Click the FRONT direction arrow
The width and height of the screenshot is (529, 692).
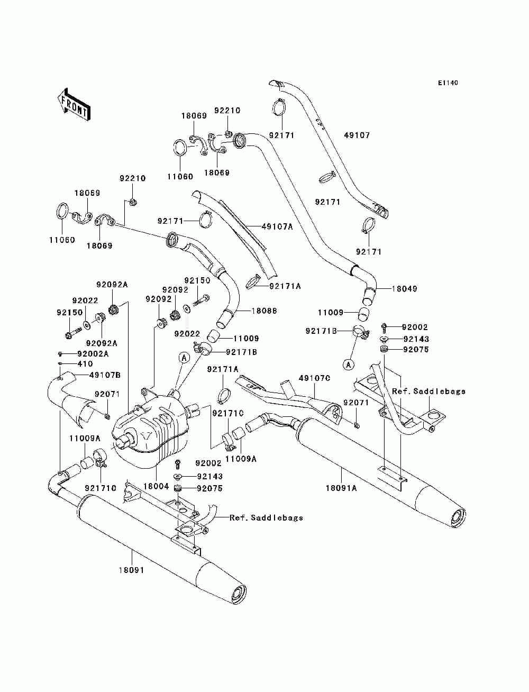(x=74, y=104)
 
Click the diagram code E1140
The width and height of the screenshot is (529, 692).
(x=448, y=83)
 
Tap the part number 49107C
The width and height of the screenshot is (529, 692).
(x=314, y=378)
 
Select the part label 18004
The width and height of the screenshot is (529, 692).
(x=157, y=486)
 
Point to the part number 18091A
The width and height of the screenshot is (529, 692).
(x=341, y=488)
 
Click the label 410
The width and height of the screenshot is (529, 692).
(x=85, y=364)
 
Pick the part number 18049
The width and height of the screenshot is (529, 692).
(x=405, y=288)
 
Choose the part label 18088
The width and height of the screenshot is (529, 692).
(x=264, y=311)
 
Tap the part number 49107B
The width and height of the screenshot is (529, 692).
(x=105, y=375)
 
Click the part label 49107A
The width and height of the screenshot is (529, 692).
(x=277, y=226)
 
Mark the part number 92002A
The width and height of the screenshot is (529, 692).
(x=93, y=354)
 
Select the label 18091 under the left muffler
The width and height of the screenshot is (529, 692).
(x=131, y=570)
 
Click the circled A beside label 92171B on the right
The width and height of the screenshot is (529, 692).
(x=349, y=365)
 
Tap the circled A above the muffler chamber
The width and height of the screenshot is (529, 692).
(x=185, y=358)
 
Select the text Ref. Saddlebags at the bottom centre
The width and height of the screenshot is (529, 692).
(x=266, y=517)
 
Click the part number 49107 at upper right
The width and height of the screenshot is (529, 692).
(x=357, y=135)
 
